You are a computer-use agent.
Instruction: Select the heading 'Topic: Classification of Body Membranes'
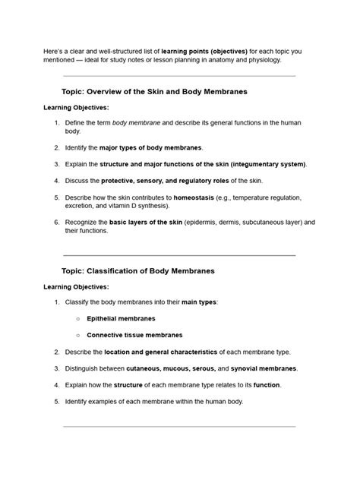pos(138,270)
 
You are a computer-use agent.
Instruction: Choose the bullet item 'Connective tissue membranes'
pos(134,335)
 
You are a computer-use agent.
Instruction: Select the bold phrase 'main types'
pos(199,302)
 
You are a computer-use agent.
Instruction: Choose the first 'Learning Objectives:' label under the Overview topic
pos(76,107)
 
